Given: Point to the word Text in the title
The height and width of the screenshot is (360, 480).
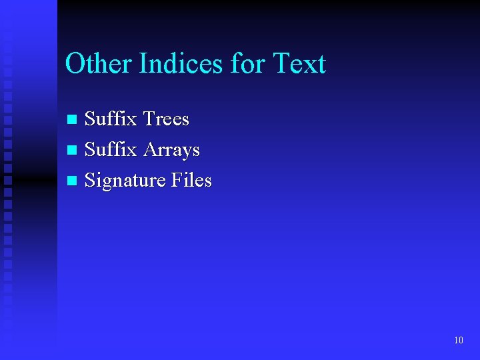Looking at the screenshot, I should point(299,64).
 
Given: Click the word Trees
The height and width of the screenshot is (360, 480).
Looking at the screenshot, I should point(166,119).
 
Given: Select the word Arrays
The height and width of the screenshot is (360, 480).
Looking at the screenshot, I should point(171,150).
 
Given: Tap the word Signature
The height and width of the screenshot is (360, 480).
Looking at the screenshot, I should point(125,181).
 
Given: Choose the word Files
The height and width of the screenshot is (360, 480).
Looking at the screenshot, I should point(191,180).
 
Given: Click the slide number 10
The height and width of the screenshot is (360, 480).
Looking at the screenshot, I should point(458,341).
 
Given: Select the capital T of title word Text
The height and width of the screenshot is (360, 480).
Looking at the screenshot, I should point(282,64).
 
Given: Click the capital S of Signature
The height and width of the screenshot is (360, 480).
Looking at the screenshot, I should point(91,180).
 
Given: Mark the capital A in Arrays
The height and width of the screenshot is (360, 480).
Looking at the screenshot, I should point(150,149).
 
